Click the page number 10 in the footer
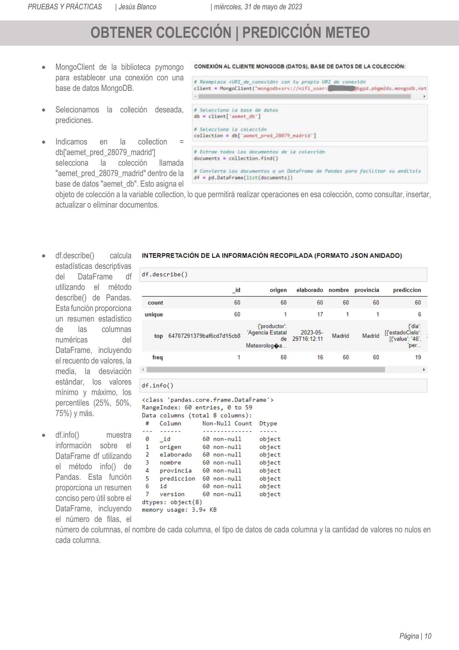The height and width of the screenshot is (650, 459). (x=428, y=636)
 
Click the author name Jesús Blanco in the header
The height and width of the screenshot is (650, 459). (x=137, y=7)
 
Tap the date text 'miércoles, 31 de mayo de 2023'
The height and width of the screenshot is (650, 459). (x=258, y=7)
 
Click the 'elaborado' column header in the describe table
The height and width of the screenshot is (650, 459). (x=309, y=290)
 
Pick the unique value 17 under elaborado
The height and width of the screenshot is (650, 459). (x=320, y=314)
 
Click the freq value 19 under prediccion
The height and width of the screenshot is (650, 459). (x=418, y=357)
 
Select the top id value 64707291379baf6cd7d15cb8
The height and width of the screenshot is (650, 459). (x=204, y=336)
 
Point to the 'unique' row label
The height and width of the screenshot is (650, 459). (x=153, y=314)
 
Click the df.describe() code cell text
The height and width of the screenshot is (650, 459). (x=165, y=274)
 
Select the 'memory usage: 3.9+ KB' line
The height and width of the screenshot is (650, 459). (x=179, y=510)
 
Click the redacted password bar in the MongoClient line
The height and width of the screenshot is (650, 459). (x=341, y=88)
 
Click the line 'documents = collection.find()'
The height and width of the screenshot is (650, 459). (x=236, y=158)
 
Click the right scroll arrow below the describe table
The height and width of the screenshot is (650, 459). (x=424, y=369)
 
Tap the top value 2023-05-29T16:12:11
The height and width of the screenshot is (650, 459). (x=307, y=336)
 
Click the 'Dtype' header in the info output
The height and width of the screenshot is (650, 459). (x=268, y=423)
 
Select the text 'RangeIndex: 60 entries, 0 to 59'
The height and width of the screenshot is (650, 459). (x=197, y=407)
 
